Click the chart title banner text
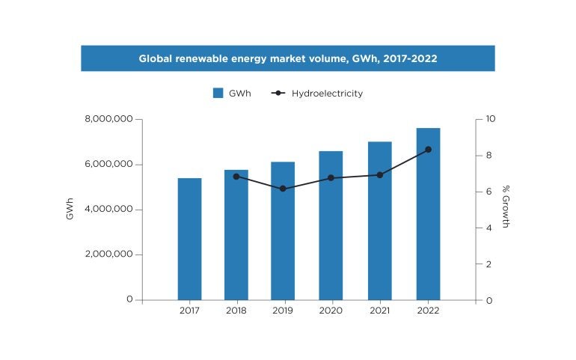click(288, 58)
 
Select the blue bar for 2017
click(189, 239)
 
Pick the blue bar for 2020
click(331, 225)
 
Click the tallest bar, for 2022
click(428, 214)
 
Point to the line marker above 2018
click(236, 177)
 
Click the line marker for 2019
click(283, 189)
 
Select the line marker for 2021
click(379, 175)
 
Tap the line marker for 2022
click(428, 150)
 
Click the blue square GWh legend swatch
click(218, 94)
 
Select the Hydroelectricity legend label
click(328, 94)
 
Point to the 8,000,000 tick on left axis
click(108, 119)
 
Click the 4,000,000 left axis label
click(108, 210)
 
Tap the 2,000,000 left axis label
click(108, 254)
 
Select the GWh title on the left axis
click(70, 209)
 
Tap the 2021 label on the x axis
click(379, 311)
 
